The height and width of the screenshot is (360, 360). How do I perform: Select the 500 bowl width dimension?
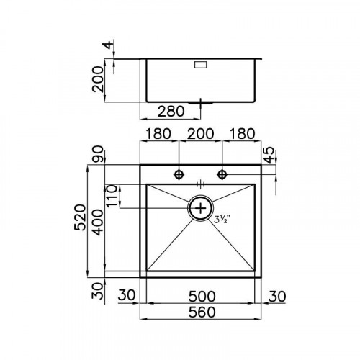(x=202, y=295)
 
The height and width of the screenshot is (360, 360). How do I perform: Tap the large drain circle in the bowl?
(x=201, y=208)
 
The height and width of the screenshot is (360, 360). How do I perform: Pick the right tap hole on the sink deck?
(x=223, y=174)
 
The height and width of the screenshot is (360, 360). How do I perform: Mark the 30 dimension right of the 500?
(x=279, y=295)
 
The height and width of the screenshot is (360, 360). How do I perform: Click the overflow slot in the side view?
(x=200, y=65)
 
